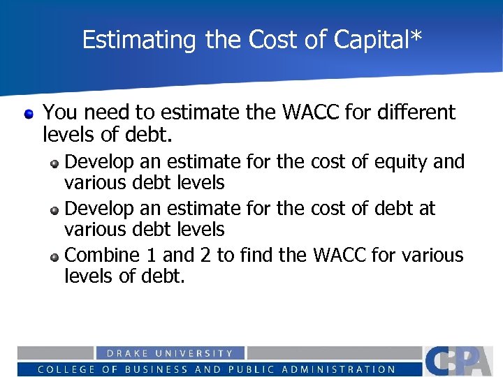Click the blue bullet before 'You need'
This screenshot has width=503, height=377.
click(x=28, y=112)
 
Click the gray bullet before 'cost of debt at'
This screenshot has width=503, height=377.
click(x=54, y=209)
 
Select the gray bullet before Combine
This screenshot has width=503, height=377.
click(x=54, y=256)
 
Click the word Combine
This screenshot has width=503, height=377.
click(x=100, y=256)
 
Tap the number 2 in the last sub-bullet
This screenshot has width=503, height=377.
click(x=204, y=256)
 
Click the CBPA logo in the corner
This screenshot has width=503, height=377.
click(x=462, y=361)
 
